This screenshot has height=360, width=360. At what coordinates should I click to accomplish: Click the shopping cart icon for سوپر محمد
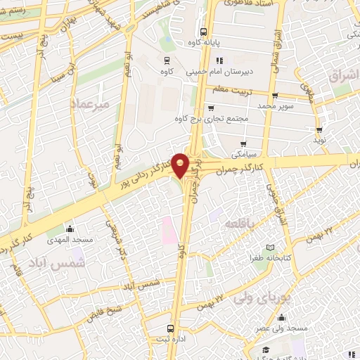coord(274,96)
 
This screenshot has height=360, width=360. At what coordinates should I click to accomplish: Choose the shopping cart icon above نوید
coord(319,130)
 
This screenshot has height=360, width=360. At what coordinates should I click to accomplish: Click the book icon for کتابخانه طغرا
coord(271,247)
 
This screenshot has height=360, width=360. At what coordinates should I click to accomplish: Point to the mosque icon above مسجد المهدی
coord(70,229)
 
